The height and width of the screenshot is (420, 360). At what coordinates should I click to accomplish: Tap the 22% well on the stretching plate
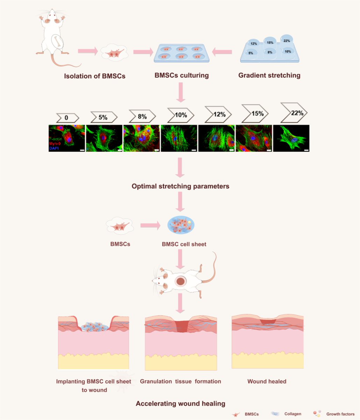(287, 40)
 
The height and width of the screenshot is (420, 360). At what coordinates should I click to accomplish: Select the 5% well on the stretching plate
(251, 53)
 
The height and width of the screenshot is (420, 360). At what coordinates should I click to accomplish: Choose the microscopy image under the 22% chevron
(291, 138)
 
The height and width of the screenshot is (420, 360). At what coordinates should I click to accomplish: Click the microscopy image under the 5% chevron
(104, 138)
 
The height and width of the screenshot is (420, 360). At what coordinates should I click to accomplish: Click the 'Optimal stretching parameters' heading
(181, 186)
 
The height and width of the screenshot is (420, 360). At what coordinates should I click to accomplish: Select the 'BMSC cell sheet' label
(184, 244)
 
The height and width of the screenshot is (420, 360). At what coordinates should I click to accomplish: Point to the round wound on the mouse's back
(181, 281)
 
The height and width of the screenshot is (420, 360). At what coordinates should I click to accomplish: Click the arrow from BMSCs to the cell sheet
(151, 226)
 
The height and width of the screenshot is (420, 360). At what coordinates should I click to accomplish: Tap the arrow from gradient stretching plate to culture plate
(223, 52)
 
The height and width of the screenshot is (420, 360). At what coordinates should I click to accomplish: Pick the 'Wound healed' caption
(267, 381)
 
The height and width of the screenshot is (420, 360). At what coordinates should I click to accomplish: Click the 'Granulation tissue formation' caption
(181, 381)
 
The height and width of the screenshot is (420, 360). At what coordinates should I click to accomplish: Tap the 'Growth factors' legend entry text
(340, 414)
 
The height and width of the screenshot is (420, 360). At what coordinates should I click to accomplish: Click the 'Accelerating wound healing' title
(181, 404)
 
